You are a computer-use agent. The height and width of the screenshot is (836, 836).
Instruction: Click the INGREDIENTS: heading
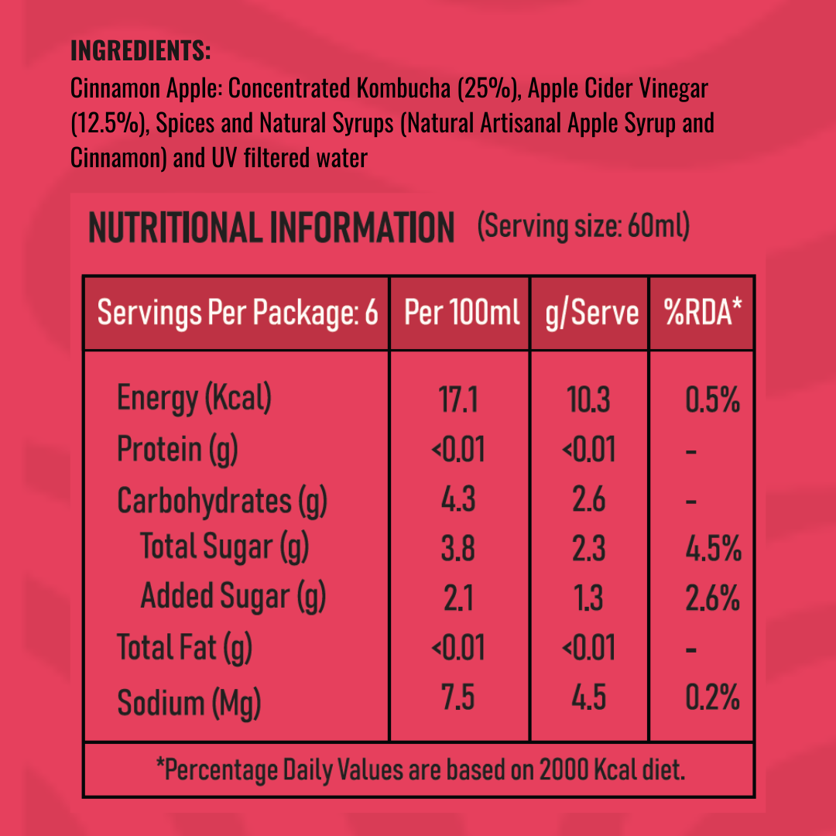tap(140, 51)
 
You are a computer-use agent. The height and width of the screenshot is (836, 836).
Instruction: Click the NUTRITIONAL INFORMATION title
tap(271, 228)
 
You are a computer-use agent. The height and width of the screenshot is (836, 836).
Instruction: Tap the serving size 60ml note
tap(584, 228)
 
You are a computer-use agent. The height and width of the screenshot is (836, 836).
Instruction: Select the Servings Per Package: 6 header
tap(238, 313)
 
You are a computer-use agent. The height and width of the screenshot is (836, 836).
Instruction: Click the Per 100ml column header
tap(461, 313)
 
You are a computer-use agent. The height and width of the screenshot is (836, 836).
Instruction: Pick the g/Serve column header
tap(591, 313)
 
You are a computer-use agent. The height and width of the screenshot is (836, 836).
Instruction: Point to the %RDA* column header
tap(702, 313)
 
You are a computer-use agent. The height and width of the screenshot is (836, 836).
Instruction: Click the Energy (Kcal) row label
tap(194, 399)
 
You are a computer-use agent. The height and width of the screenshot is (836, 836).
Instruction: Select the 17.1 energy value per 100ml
tap(458, 401)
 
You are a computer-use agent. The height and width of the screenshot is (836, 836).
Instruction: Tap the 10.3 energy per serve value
tap(588, 401)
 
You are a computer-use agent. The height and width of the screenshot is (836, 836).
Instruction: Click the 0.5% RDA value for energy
tap(713, 401)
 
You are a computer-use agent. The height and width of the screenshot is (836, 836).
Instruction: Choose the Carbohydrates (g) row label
tap(222, 501)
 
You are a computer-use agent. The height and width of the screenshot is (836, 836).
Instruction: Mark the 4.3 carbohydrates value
tap(458, 501)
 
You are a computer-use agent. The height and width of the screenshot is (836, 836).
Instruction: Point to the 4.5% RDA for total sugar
tap(713, 550)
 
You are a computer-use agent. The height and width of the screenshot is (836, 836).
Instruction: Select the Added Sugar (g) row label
tap(233, 597)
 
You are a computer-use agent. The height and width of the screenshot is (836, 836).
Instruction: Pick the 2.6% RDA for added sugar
tap(713, 598)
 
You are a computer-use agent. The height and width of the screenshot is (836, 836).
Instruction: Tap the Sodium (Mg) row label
tap(189, 703)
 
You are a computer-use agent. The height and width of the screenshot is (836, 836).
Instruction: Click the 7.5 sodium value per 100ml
tap(458, 699)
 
